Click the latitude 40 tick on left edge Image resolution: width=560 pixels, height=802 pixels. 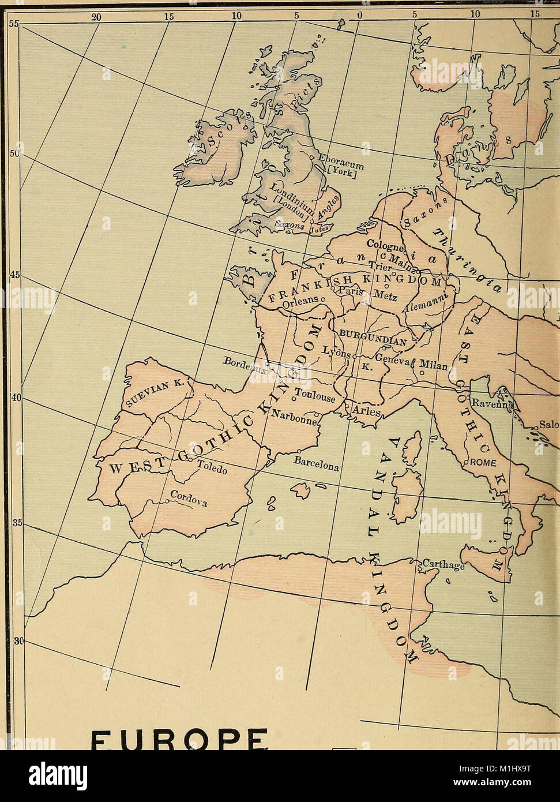[x=16, y=399]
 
